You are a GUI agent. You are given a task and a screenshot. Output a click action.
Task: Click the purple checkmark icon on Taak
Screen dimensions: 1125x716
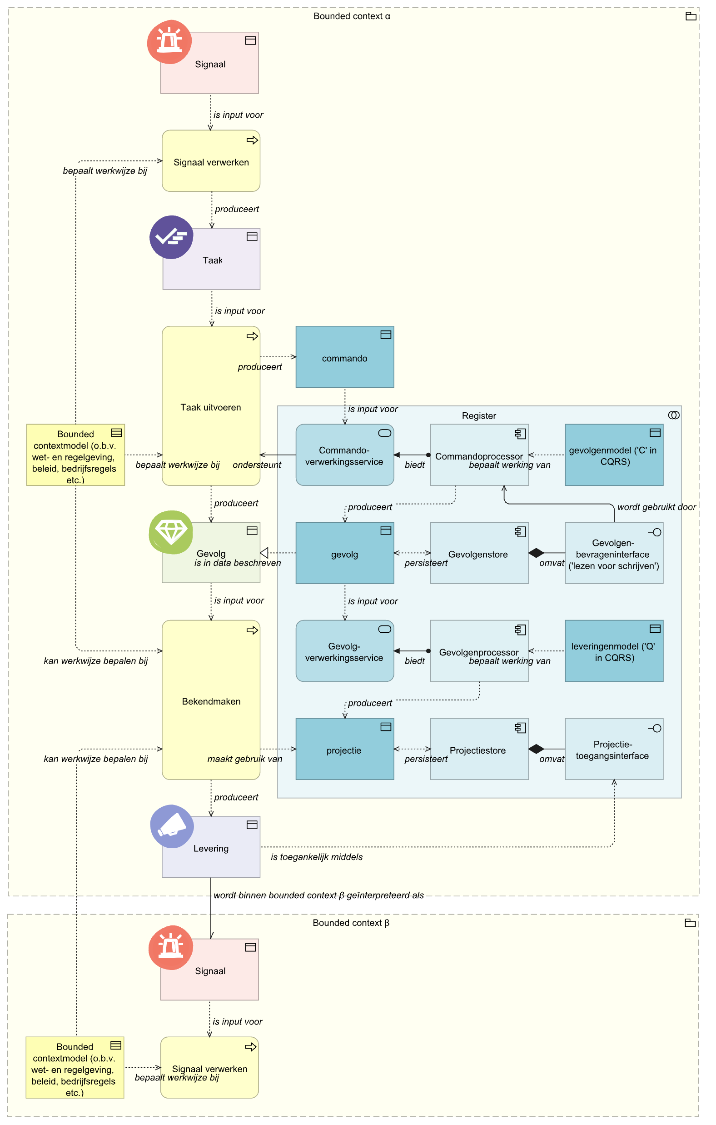(x=171, y=237)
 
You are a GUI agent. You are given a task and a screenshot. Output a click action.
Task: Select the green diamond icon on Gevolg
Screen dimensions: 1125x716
(x=171, y=532)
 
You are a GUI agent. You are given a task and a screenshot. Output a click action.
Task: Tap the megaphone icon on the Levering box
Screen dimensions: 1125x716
(x=172, y=826)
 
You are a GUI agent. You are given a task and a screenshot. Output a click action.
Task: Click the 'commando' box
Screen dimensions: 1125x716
(x=345, y=357)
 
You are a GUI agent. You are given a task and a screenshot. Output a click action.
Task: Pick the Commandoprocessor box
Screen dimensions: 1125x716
(x=479, y=455)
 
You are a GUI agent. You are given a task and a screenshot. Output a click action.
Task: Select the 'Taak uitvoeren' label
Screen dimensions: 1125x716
(x=211, y=407)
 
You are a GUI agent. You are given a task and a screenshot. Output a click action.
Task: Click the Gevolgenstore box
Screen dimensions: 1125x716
(x=479, y=553)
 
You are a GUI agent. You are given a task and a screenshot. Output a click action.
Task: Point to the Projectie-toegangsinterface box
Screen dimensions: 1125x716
(x=614, y=749)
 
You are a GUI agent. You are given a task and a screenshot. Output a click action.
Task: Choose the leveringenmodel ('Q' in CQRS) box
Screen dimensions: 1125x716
(x=614, y=651)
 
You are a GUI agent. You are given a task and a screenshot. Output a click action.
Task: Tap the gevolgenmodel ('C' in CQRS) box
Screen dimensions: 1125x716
(x=614, y=455)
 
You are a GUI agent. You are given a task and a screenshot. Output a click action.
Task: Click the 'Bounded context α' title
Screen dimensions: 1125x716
(x=352, y=16)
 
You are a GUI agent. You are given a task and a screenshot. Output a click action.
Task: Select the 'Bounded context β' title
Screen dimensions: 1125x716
(x=351, y=923)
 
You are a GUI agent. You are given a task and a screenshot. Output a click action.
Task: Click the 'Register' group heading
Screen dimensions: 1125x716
(x=479, y=416)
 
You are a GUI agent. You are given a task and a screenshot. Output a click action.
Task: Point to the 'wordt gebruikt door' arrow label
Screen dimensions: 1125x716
(x=656, y=507)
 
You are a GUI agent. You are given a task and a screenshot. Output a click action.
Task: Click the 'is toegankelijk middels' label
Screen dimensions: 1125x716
(x=317, y=857)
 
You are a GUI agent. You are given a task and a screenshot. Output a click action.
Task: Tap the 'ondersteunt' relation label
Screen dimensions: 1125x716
(x=257, y=465)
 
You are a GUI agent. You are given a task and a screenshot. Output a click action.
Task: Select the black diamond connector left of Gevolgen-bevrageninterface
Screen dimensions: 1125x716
(x=536, y=553)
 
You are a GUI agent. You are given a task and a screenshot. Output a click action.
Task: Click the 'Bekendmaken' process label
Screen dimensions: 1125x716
(x=211, y=701)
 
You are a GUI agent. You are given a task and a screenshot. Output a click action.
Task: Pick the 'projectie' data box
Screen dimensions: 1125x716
(x=345, y=749)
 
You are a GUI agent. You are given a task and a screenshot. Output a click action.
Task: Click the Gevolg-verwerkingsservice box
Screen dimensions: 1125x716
(x=345, y=651)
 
